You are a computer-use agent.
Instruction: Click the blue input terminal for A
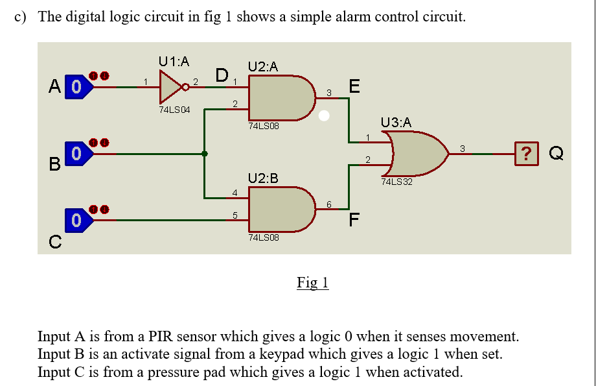78,86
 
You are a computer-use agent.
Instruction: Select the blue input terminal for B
78,154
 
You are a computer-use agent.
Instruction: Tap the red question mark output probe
530,154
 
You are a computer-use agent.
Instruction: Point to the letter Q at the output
556,154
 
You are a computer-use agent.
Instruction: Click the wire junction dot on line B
205,154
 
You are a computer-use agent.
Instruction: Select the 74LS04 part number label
174,110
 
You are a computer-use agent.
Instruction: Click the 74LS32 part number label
396,182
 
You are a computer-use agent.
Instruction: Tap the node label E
354,86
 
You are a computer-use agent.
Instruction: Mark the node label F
354,221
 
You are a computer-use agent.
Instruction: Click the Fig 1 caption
313,282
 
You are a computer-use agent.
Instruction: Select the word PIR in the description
160,337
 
